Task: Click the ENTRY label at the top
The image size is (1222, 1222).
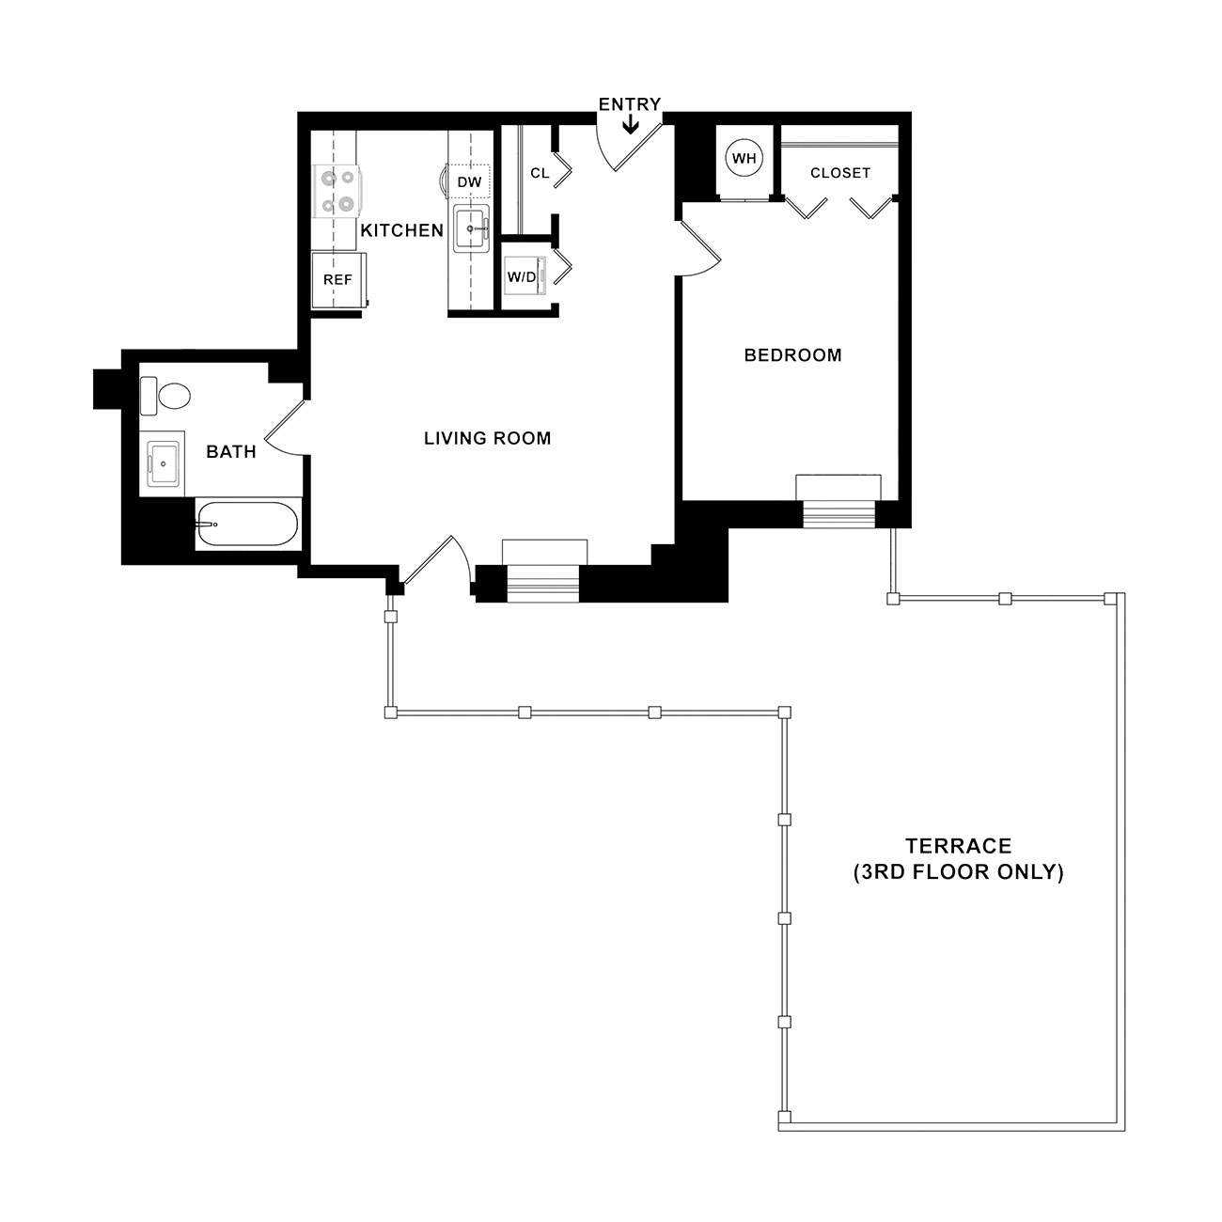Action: [x=630, y=104]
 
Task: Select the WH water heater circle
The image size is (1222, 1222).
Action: [x=744, y=158]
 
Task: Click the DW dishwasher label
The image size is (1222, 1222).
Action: [x=469, y=182]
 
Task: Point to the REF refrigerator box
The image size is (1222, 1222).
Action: [x=338, y=280]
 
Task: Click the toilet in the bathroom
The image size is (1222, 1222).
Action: [x=164, y=397]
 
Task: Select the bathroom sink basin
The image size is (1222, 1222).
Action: [x=163, y=464]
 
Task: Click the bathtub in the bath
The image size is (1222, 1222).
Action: [x=246, y=524]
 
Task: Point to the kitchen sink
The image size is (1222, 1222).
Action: [x=471, y=228]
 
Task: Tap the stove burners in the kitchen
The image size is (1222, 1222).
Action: [x=338, y=191]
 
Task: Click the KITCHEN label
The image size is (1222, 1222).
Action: [x=402, y=230]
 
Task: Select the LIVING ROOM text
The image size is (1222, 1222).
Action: [x=487, y=438]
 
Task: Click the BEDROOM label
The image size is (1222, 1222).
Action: [x=792, y=355]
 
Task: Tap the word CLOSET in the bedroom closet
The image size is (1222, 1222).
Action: [x=840, y=173]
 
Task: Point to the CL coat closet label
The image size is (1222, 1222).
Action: [x=540, y=173]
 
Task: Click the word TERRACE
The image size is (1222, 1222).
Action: [x=958, y=846]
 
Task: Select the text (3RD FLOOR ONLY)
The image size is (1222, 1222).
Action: [x=958, y=872]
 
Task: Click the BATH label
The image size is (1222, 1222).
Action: [x=231, y=451]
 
